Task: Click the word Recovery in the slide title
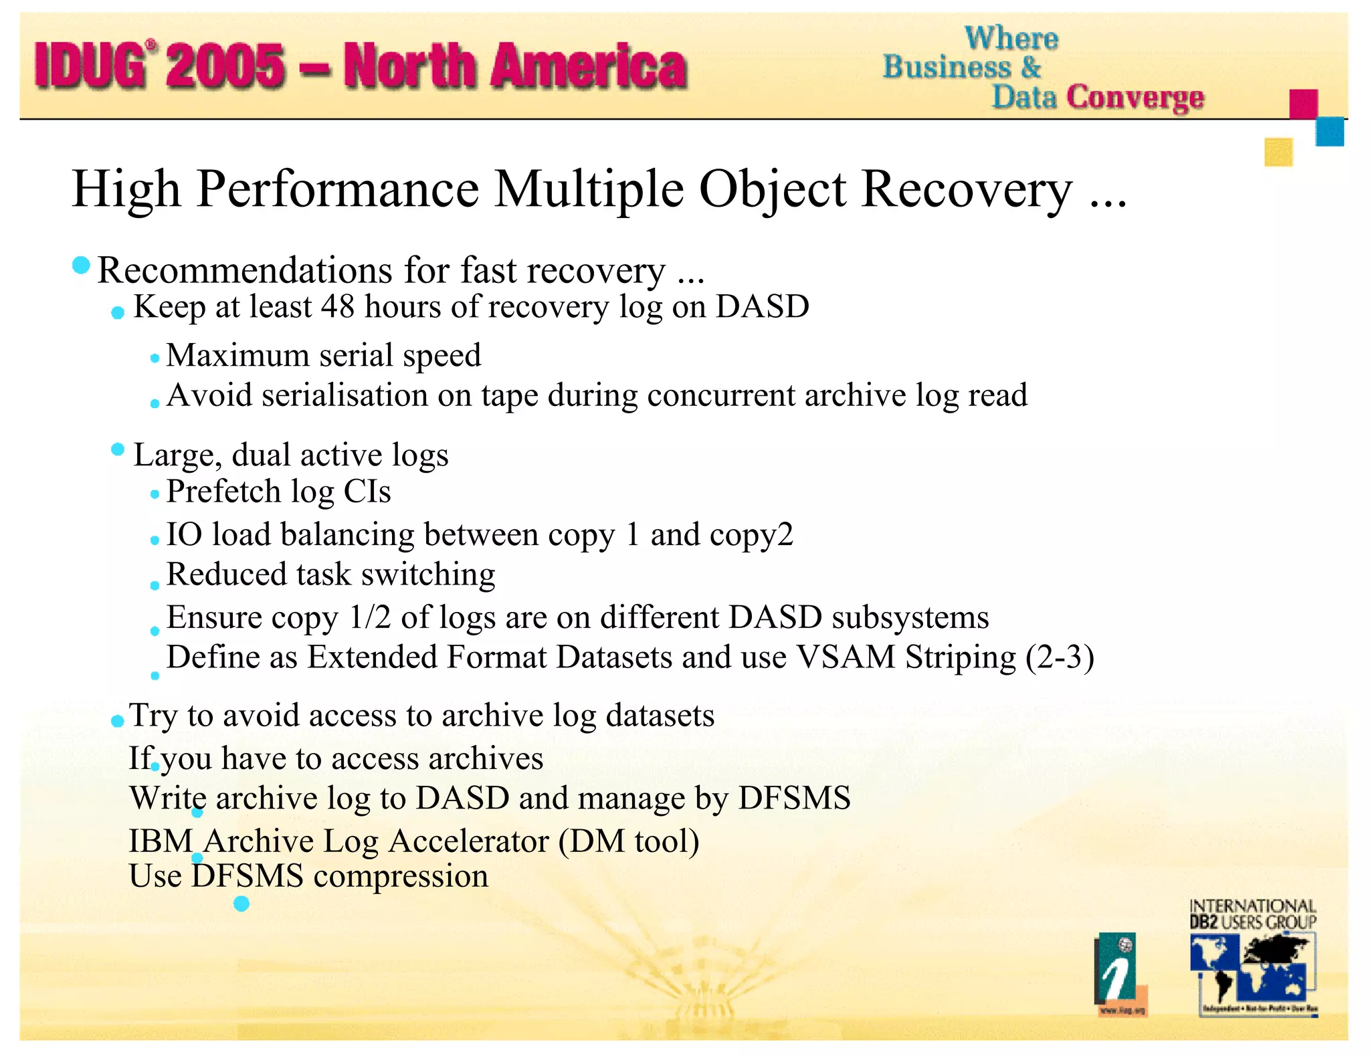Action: click(967, 190)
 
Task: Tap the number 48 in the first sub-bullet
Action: click(337, 307)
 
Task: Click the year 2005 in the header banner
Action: click(226, 66)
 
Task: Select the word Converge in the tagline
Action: click(1135, 98)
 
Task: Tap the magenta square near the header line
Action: click(1303, 104)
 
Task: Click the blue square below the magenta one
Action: click(1329, 132)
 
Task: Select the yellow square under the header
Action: click(1278, 152)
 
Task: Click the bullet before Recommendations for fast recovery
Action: click(81, 266)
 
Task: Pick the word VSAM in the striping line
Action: click(846, 657)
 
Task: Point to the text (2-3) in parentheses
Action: click(1060, 657)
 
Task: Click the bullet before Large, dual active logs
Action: click(118, 449)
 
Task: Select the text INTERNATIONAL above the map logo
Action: click(1252, 906)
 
